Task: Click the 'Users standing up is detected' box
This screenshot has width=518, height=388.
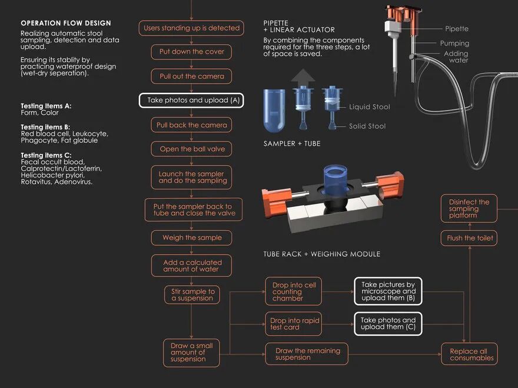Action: [191, 28]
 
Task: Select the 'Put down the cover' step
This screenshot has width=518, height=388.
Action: [191, 52]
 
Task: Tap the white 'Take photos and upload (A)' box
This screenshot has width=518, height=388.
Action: [191, 100]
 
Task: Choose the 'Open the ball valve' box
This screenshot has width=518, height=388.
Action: [191, 149]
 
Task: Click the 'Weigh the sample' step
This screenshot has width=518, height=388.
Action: [191, 238]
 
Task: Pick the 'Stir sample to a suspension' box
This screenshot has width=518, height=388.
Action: [192, 295]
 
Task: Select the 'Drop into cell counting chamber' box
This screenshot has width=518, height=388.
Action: [293, 292]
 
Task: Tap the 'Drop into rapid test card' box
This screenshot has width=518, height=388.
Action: [293, 324]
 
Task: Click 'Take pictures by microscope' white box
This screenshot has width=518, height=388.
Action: [388, 291]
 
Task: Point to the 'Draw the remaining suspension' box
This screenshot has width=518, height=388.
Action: [307, 354]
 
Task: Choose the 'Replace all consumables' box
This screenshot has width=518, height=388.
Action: [469, 354]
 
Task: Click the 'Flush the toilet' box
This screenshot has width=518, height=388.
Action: [469, 238]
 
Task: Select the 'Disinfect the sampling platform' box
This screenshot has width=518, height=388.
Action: [469, 209]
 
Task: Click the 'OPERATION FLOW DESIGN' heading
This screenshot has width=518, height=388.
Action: [66, 24]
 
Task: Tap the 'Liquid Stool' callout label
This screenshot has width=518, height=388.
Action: [369, 107]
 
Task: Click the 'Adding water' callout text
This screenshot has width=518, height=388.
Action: [456, 57]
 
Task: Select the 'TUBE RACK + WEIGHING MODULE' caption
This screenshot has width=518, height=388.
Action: [321, 254]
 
